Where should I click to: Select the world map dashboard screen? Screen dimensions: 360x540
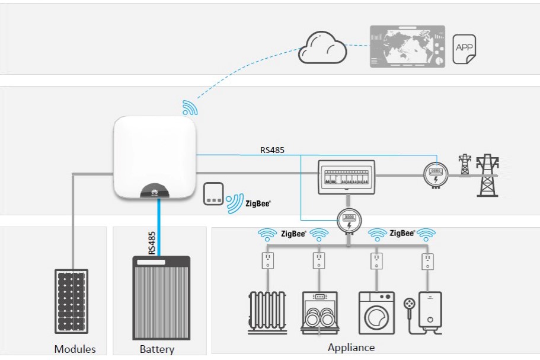click(407, 46)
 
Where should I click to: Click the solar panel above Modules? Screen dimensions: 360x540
click(72, 301)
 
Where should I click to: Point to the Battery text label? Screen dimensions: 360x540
click(157, 349)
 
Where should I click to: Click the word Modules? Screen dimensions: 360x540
click(75, 349)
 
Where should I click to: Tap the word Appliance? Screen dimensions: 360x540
click(352, 348)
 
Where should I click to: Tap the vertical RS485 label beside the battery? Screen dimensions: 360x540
click(152, 243)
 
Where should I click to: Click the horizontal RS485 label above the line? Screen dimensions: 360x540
click(272, 150)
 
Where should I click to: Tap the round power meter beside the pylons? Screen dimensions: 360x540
click(435, 175)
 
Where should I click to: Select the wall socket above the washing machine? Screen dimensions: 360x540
click(375, 260)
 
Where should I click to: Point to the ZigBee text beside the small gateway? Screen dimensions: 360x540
click(258, 203)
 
